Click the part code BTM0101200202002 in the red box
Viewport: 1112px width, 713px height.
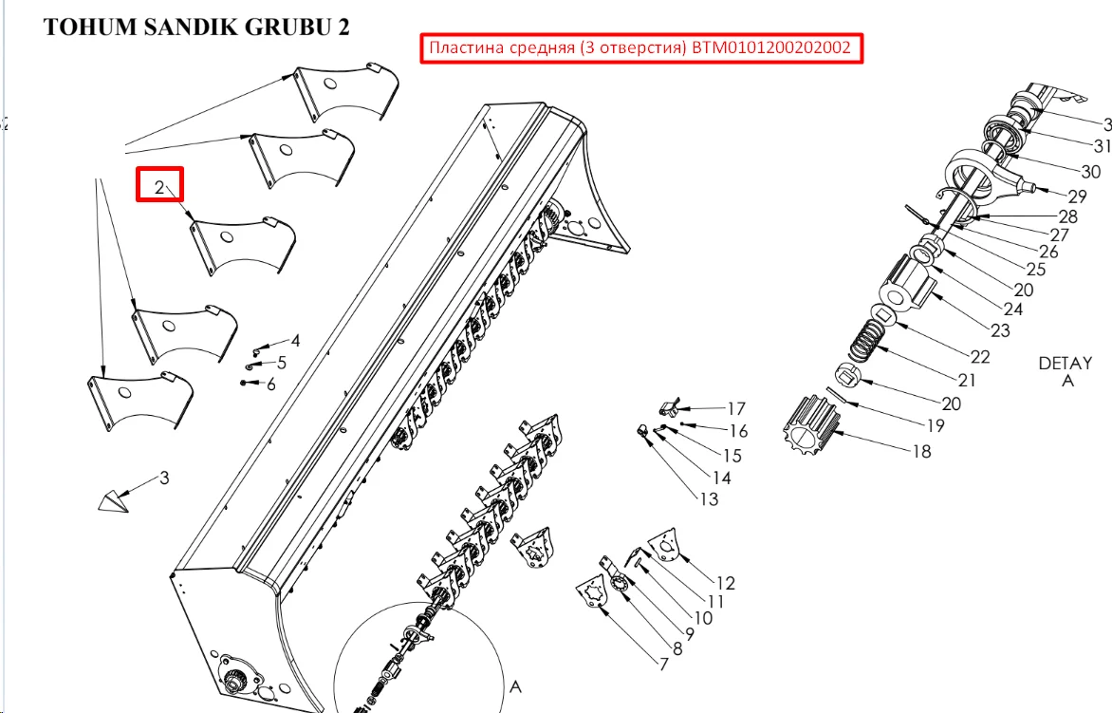(770, 48)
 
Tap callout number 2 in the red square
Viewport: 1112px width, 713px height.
(159, 187)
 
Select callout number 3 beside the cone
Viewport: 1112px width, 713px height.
(164, 478)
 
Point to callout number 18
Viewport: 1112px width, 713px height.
(921, 451)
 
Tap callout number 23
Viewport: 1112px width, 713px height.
(1000, 330)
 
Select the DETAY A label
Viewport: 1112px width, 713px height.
(1066, 372)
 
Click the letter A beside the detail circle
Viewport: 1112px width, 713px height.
(515, 686)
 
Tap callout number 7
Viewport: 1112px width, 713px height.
(664, 664)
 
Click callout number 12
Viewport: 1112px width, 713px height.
(726, 583)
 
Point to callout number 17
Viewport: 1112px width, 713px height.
(736, 408)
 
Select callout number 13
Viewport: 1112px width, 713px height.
(709, 499)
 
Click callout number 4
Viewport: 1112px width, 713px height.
(296, 341)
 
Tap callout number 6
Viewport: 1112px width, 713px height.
(271, 385)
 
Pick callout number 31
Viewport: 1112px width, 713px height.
(1103, 146)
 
